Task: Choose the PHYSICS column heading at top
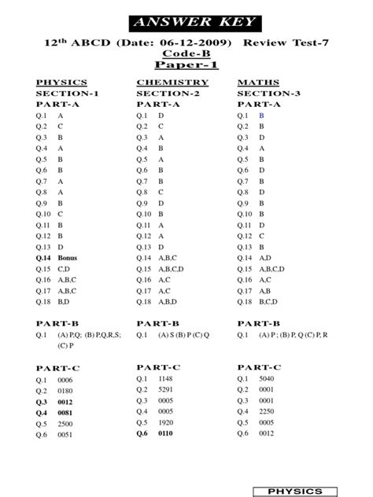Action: pos(61,82)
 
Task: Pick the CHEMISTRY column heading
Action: pos(172,82)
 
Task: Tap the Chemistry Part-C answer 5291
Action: pos(167,388)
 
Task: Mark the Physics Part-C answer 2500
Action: pos(66,423)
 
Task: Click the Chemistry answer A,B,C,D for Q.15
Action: pos(172,268)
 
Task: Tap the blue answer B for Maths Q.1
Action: pos(261,115)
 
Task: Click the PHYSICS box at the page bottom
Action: pos(295,491)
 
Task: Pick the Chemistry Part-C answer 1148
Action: pos(167,377)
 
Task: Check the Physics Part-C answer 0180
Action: pos(66,390)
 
